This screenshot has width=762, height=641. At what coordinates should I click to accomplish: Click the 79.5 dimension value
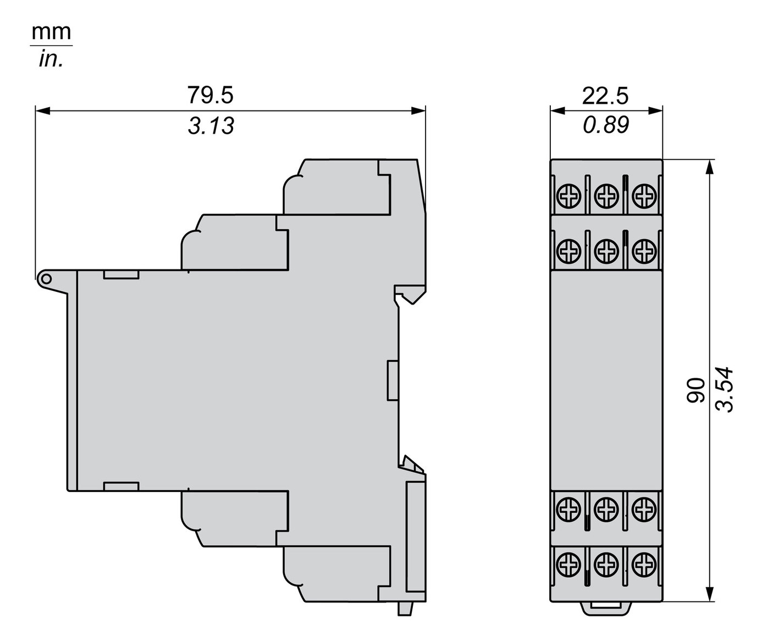(210, 95)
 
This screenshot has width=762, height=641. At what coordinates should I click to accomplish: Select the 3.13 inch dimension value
(211, 125)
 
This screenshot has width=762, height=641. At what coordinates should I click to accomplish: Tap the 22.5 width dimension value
(605, 96)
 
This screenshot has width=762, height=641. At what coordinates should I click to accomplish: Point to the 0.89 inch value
(606, 125)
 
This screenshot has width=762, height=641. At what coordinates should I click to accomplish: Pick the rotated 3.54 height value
(724, 390)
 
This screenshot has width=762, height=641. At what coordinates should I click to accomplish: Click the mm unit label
(51, 32)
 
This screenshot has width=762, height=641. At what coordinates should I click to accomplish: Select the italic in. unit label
(51, 59)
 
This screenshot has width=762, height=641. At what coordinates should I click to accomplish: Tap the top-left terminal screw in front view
(568, 196)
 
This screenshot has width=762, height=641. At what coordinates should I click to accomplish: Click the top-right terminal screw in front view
(644, 196)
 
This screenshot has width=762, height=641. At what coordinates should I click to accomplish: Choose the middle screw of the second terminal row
(606, 251)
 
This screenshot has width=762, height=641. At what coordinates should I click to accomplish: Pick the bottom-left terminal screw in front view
(568, 564)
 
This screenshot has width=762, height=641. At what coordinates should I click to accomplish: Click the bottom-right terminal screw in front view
(644, 564)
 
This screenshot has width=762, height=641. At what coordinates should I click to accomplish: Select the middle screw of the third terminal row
(606, 509)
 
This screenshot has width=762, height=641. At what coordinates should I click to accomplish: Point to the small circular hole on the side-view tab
(46, 279)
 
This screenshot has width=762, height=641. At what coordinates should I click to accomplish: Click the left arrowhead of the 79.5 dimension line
(43, 110)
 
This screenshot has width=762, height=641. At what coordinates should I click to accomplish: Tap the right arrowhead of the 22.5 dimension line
(655, 110)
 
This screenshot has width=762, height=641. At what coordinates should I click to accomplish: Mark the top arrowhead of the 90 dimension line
(709, 167)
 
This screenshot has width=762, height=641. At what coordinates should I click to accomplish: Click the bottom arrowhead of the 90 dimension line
(709, 594)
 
